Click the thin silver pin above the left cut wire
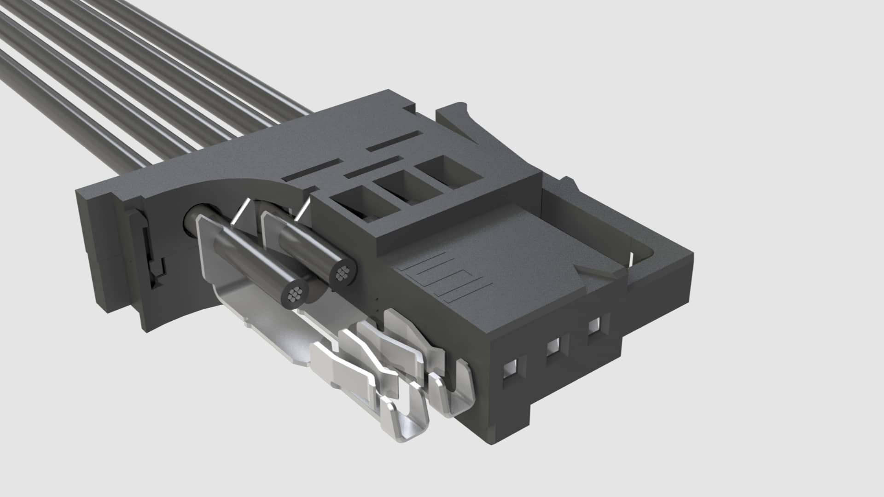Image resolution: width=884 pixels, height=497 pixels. click(x=241, y=212)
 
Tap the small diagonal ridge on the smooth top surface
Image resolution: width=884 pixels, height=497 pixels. click(x=594, y=272)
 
